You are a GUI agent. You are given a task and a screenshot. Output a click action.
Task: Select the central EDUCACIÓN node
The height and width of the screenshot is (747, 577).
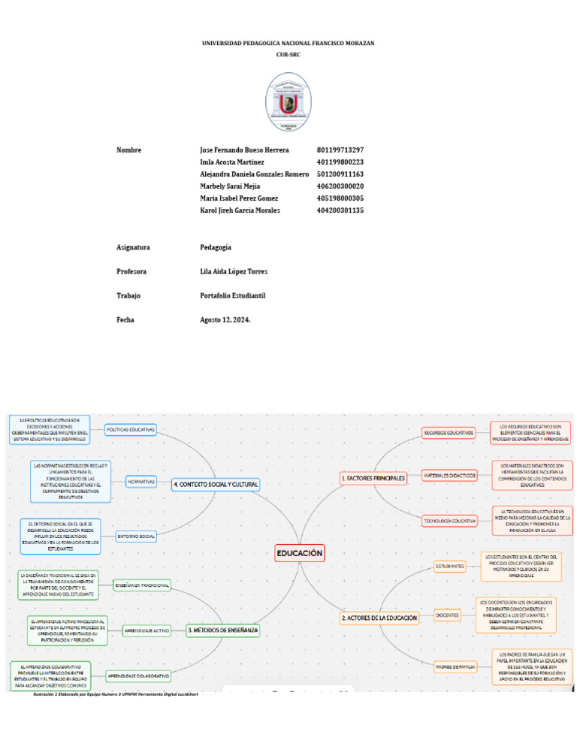[300, 553]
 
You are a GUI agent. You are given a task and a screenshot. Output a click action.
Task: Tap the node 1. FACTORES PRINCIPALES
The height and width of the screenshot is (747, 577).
[373, 478]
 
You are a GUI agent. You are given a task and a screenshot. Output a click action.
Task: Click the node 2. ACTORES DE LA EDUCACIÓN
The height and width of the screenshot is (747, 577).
[379, 617]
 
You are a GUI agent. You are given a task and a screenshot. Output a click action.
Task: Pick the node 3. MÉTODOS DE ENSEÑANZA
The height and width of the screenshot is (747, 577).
[223, 630]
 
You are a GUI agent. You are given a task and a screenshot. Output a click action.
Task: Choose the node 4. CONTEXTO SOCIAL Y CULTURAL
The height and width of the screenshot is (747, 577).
[216, 485]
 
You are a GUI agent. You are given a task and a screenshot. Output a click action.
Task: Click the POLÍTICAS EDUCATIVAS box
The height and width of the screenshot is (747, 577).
[131, 430]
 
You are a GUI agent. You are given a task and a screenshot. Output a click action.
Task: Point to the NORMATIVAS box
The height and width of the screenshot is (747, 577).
[141, 480]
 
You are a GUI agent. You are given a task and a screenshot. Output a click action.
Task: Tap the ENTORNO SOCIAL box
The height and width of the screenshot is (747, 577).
[136, 536]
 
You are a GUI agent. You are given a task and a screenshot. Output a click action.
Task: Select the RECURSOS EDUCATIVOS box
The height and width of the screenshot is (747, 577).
[449, 433]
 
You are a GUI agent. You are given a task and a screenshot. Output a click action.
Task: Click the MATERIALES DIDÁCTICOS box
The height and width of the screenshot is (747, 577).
[449, 476]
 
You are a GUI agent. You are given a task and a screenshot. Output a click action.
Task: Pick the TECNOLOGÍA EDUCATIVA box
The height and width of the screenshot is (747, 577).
[450, 520]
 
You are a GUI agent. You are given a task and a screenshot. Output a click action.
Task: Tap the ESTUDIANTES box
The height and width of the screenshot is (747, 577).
[449, 566]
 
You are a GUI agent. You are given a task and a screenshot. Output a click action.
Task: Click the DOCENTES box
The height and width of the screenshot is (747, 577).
[448, 615]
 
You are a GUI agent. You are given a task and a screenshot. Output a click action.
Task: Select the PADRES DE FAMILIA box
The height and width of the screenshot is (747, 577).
[455, 666]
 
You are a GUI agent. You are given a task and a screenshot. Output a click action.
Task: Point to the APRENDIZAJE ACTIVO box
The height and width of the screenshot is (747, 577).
[146, 630]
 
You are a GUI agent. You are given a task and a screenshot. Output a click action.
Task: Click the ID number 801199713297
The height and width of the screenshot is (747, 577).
[340, 150]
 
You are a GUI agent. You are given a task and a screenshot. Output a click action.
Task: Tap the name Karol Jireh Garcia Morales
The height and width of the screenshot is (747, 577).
[240, 210]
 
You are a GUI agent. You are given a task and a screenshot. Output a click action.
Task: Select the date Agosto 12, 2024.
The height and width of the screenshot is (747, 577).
[225, 319]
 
